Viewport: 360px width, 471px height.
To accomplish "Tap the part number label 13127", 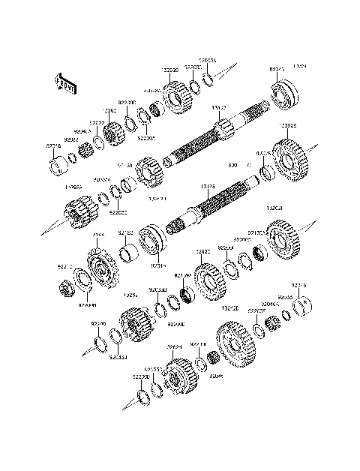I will click(x=220, y=109).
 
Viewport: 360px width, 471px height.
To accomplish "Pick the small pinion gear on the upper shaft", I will click(x=149, y=174).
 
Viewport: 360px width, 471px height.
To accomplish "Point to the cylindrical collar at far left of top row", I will click(x=55, y=165).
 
